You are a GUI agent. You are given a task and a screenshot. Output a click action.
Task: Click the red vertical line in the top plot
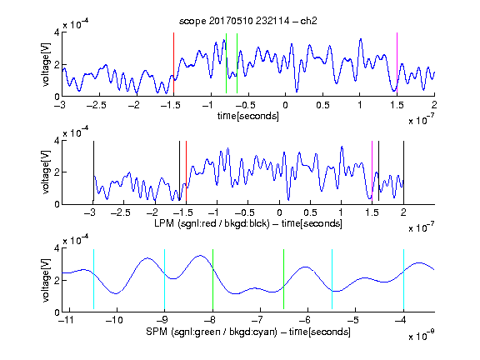pos(173,62)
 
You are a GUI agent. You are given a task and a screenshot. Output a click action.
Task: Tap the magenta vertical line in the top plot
pos(397,62)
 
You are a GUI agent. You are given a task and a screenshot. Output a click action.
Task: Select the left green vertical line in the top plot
pos(226,62)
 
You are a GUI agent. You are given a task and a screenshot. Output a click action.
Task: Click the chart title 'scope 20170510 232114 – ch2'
pos(248,21)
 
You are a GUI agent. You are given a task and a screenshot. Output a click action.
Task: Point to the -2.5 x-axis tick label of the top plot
pos(96,105)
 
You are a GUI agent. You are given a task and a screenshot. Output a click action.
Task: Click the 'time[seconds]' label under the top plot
pos(248,116)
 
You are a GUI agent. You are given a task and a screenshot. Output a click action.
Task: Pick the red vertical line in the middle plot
pos(186,171)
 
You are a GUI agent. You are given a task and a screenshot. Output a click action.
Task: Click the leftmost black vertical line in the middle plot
pos(93,171)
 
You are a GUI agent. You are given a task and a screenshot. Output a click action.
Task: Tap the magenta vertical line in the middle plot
pos(372,171)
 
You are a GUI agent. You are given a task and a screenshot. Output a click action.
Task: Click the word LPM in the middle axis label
pos(164,223)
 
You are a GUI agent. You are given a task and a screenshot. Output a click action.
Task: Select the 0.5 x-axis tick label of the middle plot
pos(310,212)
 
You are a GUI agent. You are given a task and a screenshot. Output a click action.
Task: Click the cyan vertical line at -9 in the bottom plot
pos(164,279)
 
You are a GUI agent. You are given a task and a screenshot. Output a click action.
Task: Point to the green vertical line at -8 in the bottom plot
pos(212,279)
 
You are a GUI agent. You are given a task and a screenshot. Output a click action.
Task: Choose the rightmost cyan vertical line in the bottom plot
pos(404,279)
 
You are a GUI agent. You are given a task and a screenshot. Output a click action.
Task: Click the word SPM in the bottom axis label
pos(157,332)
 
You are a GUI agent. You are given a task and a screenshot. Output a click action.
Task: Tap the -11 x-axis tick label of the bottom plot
pos(66,320)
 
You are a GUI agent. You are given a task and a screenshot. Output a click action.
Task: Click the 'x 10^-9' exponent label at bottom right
pos(422,335)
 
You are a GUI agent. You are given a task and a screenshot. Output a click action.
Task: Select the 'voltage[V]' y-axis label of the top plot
pos(46,64)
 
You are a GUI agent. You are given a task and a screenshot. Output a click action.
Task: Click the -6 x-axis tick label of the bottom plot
pos(305,320)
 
